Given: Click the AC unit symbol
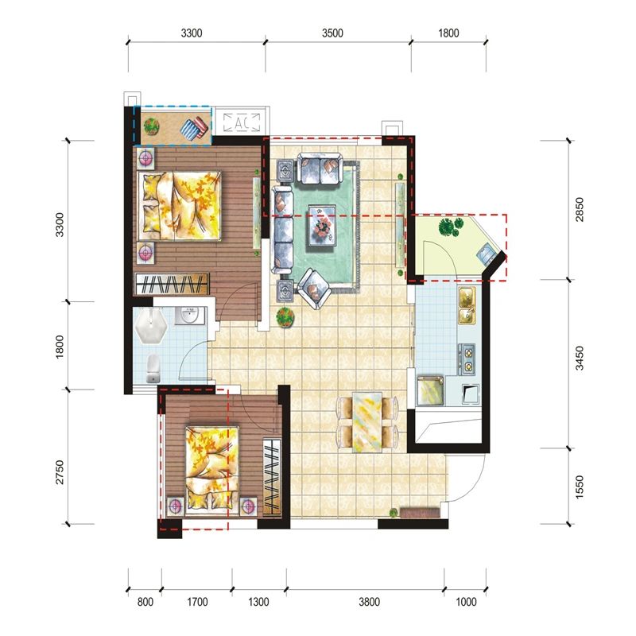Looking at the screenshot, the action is click(242, 122).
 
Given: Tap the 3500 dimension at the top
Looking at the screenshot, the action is click(332, 33).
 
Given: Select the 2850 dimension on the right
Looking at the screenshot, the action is click(580, 209).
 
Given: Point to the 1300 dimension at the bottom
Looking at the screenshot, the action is click(259, 602).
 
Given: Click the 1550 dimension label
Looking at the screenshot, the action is click(580, 487).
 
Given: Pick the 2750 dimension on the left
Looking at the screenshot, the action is click(60, 472).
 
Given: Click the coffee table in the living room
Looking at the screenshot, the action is click(322, 225).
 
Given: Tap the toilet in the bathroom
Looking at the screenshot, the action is click(153, 369).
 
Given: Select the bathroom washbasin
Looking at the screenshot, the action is click(188, 315).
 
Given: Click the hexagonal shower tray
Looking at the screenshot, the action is click(151, 327).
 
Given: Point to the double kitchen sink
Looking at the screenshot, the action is click(467, 306).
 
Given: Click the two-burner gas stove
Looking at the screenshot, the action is click(467, 359).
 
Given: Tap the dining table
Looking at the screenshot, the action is click(367, 422).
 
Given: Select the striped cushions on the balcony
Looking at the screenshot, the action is click(195, 128).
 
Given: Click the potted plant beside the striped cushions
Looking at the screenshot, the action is click(152, 126).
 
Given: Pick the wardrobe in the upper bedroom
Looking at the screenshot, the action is click(172, 283).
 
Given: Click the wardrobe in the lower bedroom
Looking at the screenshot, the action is click(272, 477).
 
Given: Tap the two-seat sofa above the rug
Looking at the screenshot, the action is click(320, 168).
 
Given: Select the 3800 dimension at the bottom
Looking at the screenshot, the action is click(369, 602).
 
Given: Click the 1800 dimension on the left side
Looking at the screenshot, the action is click(60, 347).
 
